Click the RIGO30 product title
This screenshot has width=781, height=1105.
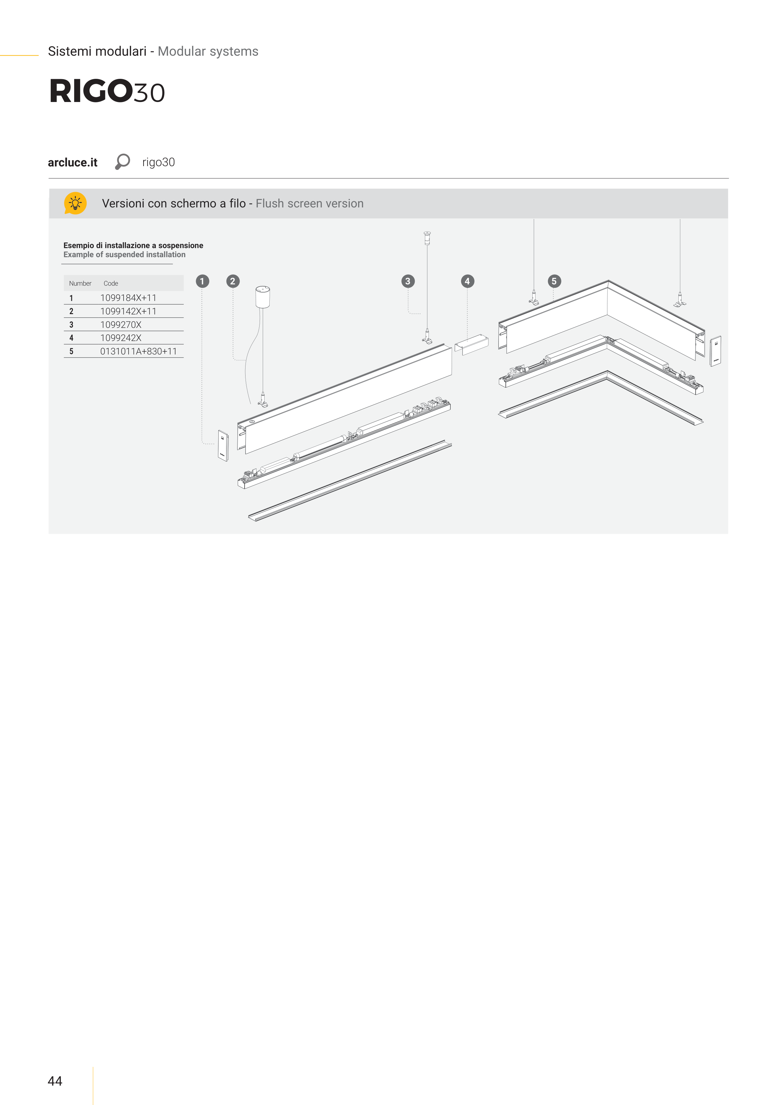click(x=107, y=91)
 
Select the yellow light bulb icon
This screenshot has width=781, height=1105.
click(x=75, y=203)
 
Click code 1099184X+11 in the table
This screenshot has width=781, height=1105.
click(x=128, y=298)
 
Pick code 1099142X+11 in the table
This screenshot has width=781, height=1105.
click(x=128, y=311)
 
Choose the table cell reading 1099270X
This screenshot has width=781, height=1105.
click(x=121, y=325)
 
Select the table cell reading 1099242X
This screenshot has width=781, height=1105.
click(x=121, y=338)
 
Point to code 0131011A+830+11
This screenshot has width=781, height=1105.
click(x=139, y=351)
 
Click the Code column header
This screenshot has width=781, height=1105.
click(x=111, y=283)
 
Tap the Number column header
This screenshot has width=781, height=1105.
click(x=80, y=283)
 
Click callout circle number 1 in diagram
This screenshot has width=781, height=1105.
click(x=202, y=281)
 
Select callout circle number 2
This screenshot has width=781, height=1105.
click(x=233, y=281)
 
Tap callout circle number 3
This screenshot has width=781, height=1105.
click(x=408, y=281)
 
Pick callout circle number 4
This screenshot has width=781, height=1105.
click(x=467, y=281)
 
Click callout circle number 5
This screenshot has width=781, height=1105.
click(x=554, y=281)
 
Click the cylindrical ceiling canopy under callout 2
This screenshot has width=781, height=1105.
click(x=262, y=297)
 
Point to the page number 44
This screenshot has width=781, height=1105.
click(x=55, y=1081)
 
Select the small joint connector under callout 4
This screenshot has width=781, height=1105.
click(x=472, y=344)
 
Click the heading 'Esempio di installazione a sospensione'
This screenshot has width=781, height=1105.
click(x=133, y=246)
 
